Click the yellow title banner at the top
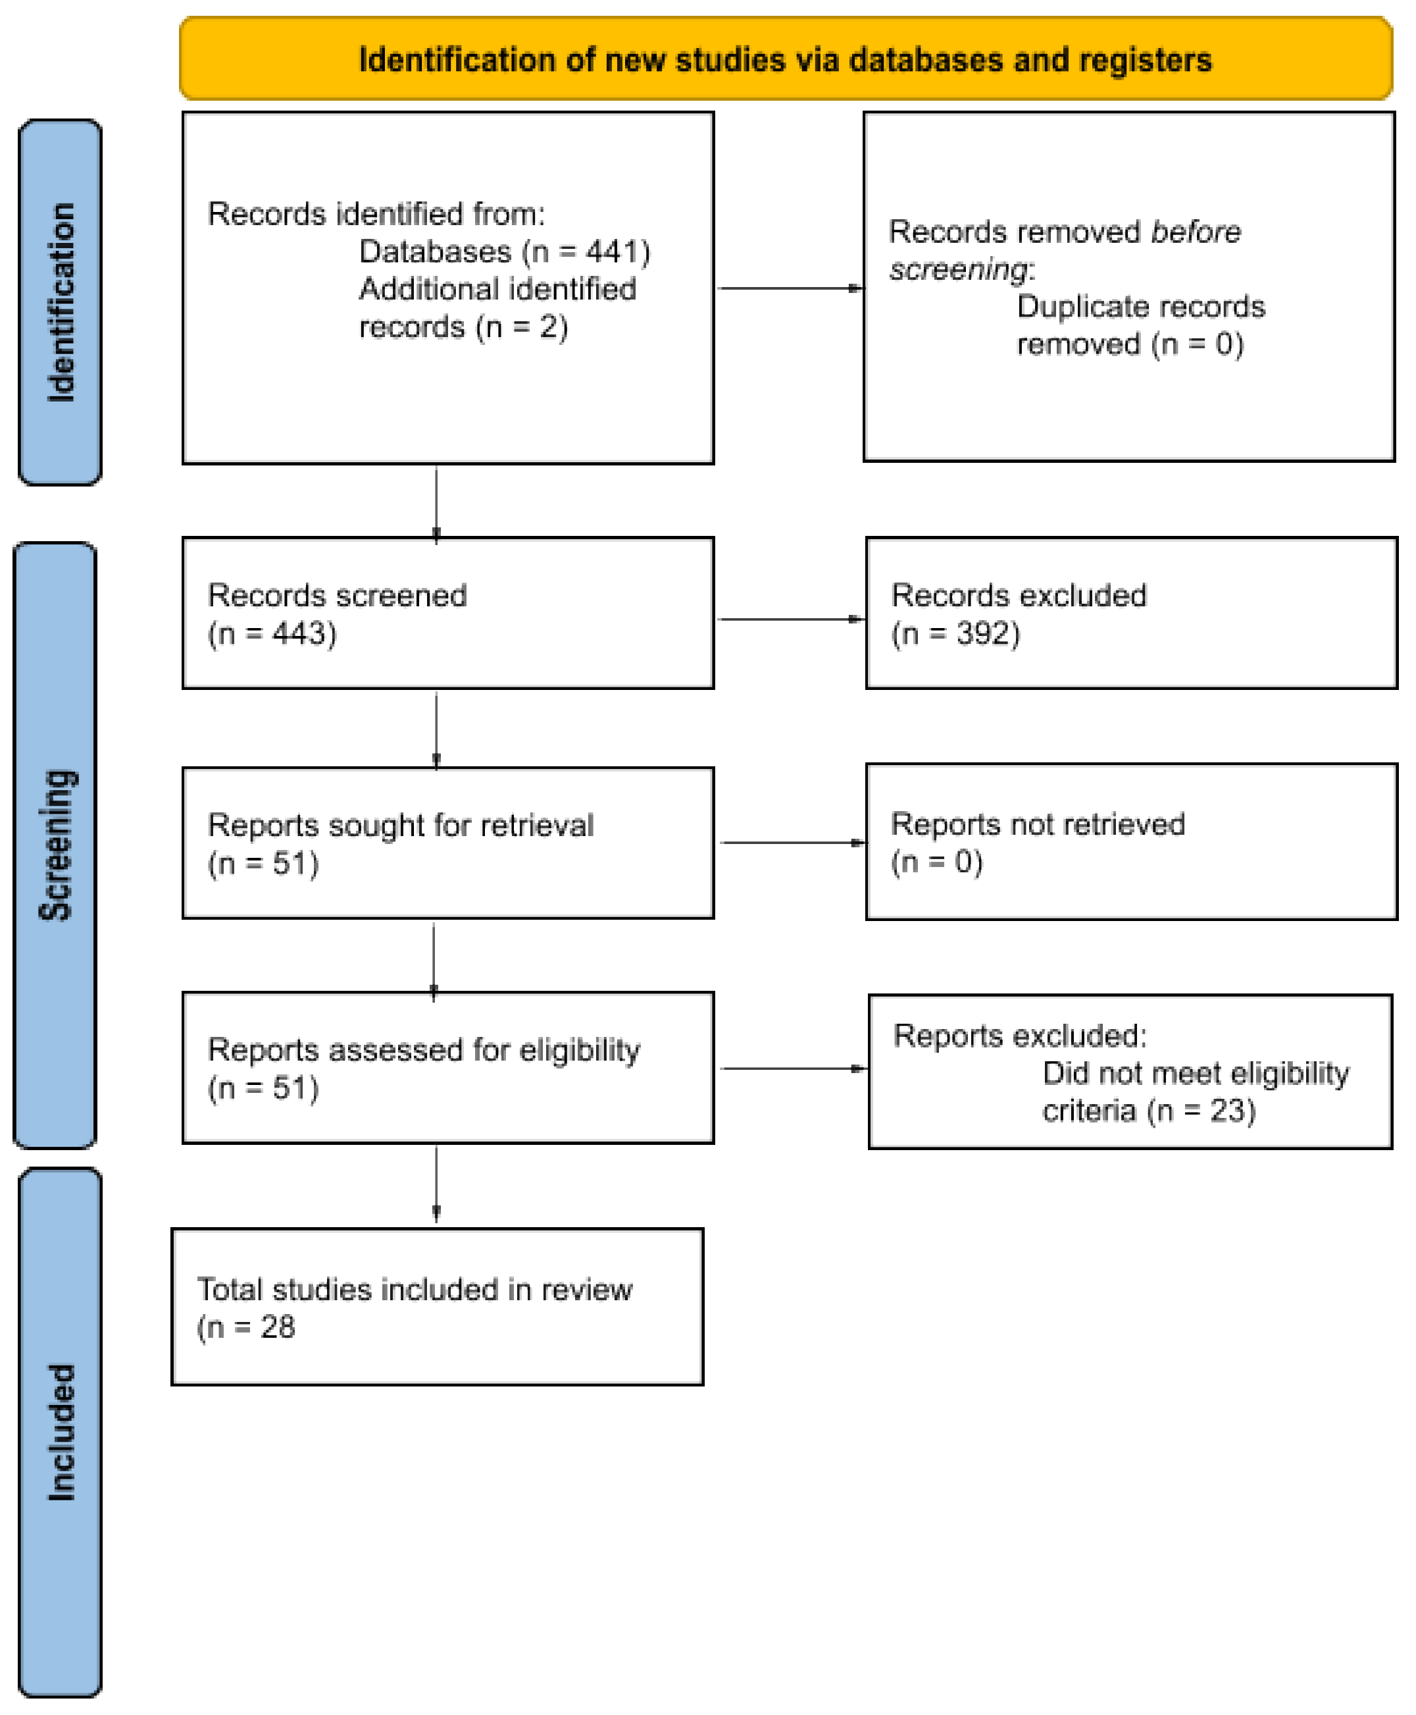pyautogui.click(x=785, y=59)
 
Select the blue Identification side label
pyautogui.click(x=59, y=302)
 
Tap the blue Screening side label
pyautogui.click(x=55, y=845)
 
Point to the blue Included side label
pyautogui.click(x=59, y=1432)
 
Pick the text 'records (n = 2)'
pyautogui.click(x=463, y=327)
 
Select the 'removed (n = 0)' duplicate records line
pyautogui.click(x=1129, y=344)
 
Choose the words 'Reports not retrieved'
pyautogui.click(x=1037, y=824)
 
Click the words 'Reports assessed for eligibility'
pyautogui.click(x=423, y=1049)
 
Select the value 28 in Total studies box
pyautogui.click(x=277, y=1327)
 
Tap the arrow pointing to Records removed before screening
pyautogui.click(x=789, y=288)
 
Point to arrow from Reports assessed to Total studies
pyautogui.click(x=436, y=1183)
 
